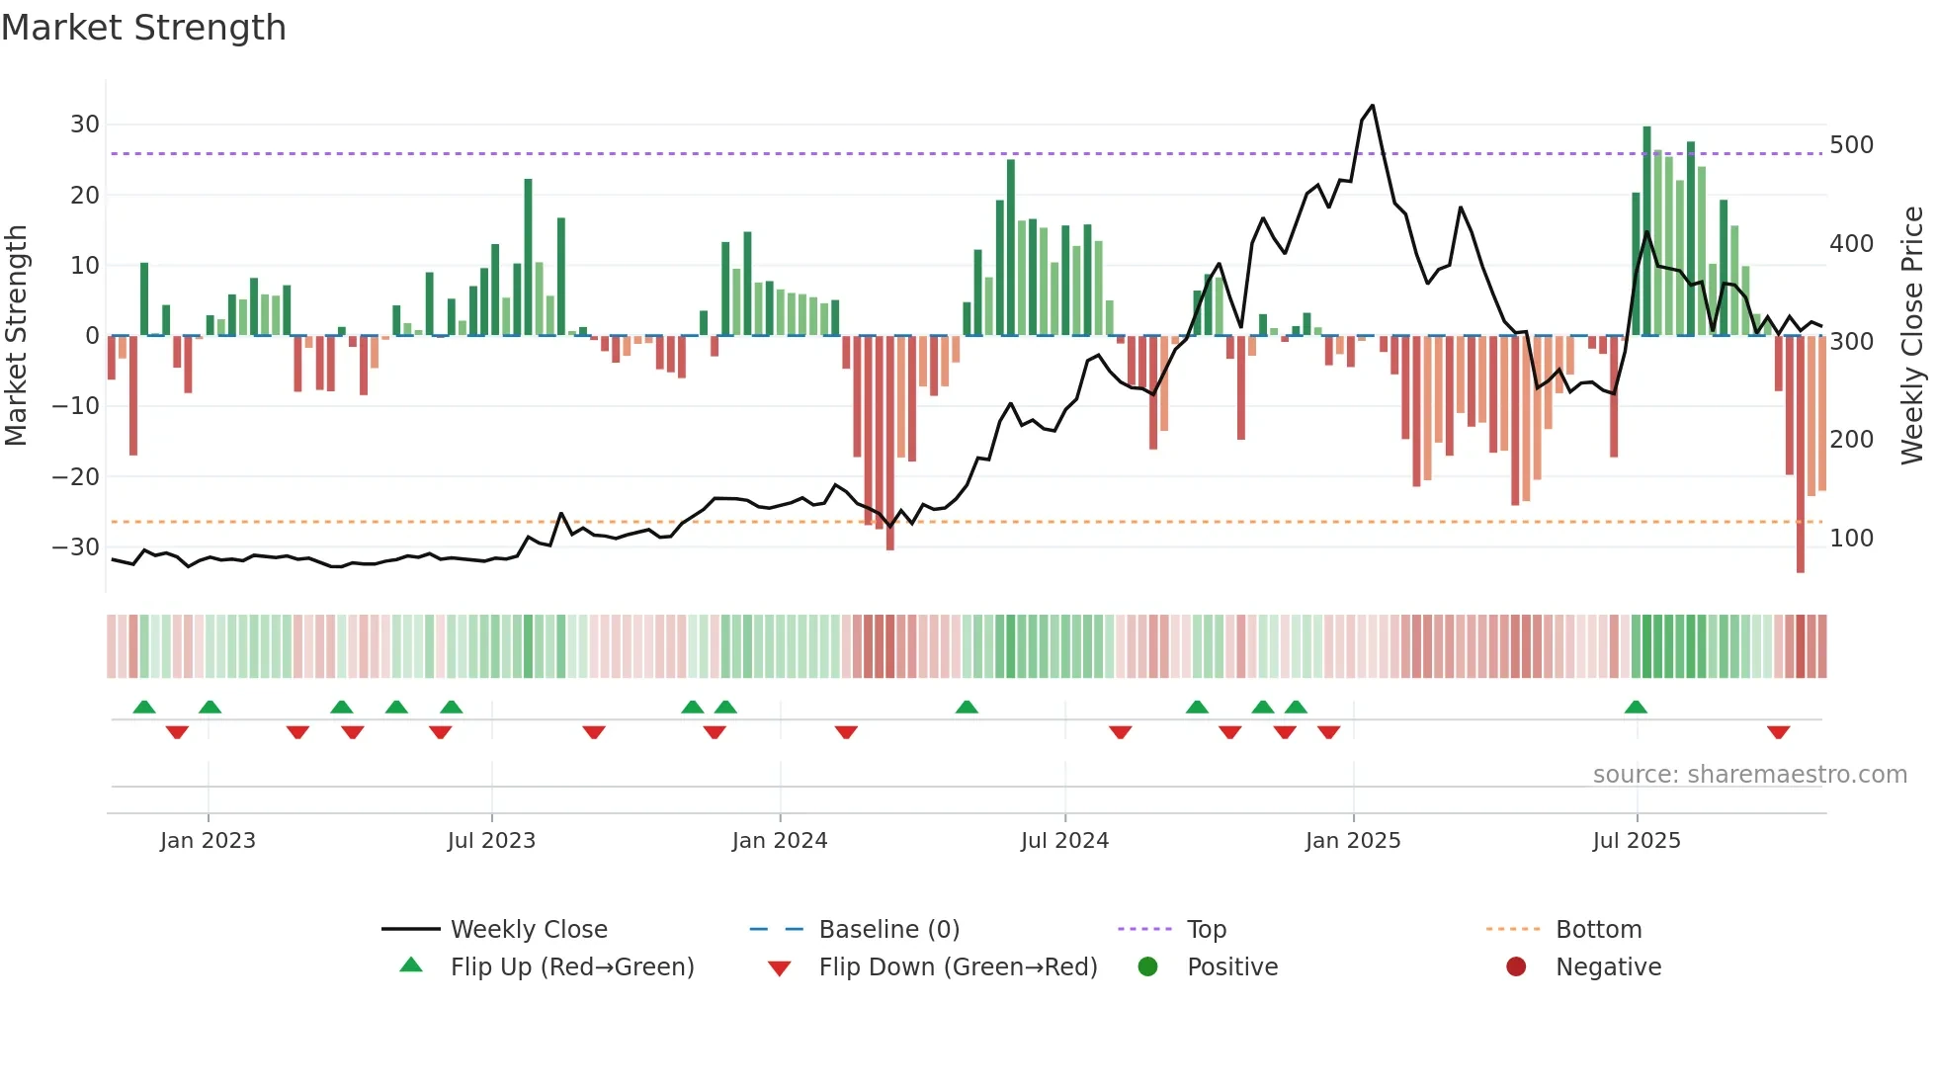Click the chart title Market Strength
point(143,28)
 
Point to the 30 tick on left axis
point(85,125)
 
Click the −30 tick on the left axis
point(77,547)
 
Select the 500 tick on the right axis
point(1851,145)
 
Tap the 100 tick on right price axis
point(1851,539)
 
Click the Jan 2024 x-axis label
point(780,841)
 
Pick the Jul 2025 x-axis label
point(1637,841)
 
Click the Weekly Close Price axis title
point(1913,336)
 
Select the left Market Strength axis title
point(16,336)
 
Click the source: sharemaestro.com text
point(1749,775)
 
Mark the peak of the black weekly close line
point(1373,106)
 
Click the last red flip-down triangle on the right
point(1779,732)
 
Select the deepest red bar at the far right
point(1801,455)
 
